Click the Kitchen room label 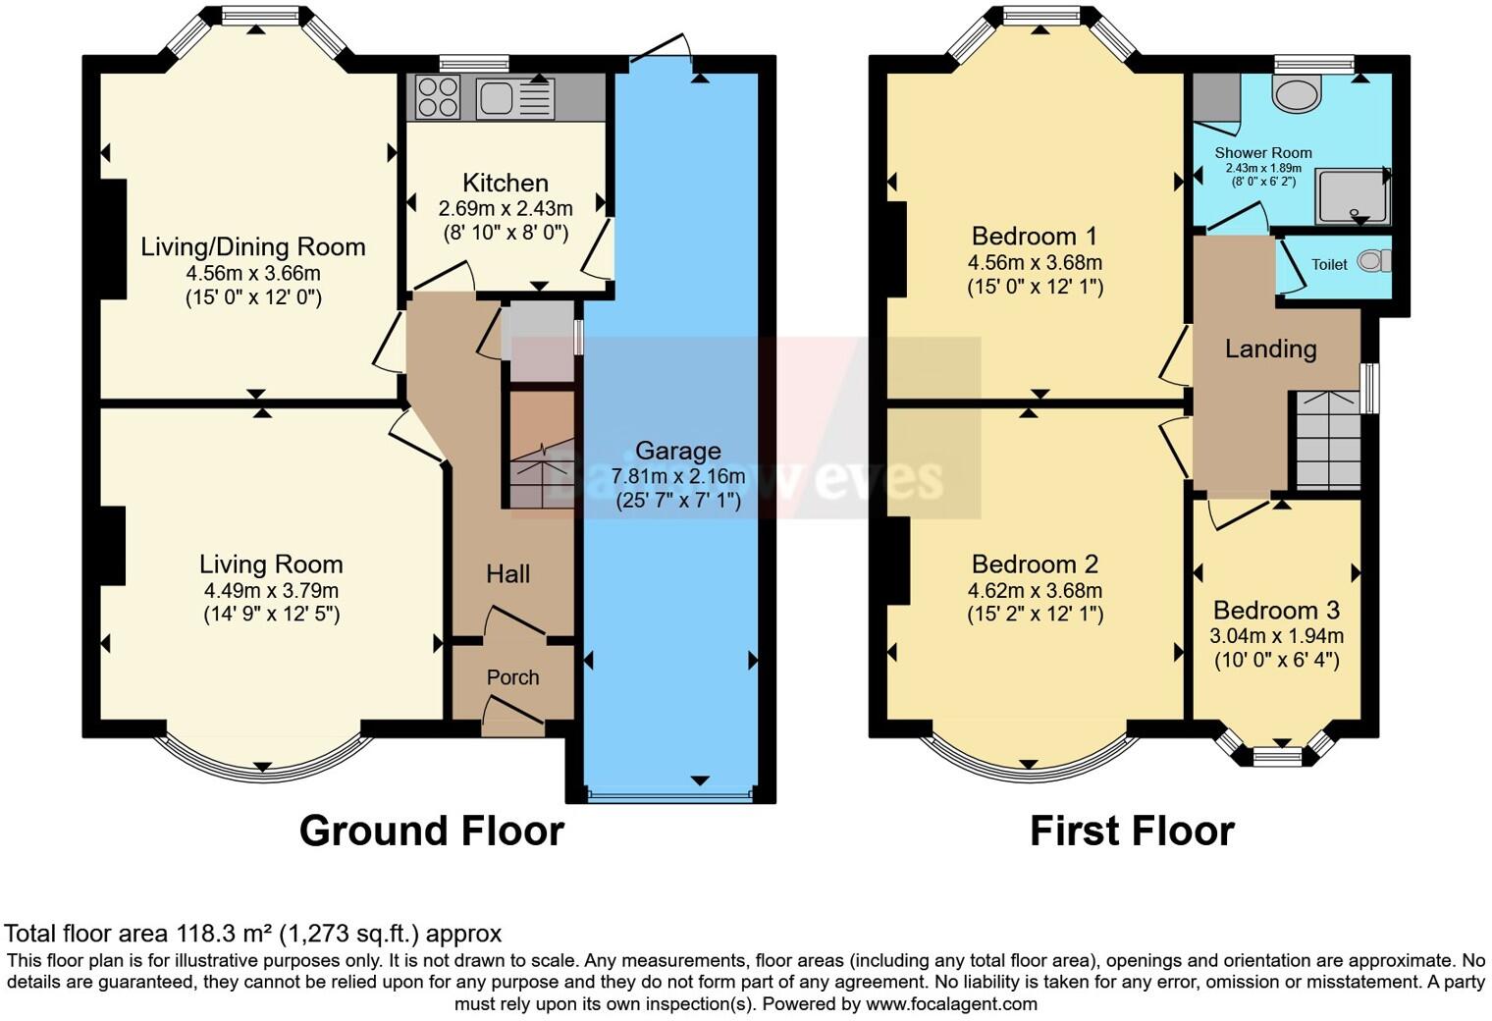pyautogui.click(x=506, y=183)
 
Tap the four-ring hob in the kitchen pyautogui.click(x=438, y=97)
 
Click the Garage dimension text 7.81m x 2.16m pyautogui.click(x=678, y=476)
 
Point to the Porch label pyautogui.click(x=512, y=677)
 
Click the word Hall pyautogui.click(x=508, y=574)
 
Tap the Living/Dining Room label pyautogui.click(x=253, y=247)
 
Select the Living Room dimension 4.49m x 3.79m pyautogui.click(x=271, y=591)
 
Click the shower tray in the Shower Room pyautogui.click(x=1353, y=196)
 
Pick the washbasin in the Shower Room pyautogui.click(x=1296, y=92)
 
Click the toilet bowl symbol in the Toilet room pyautogui.click(x=1374, y=260)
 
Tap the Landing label pyautogui.click(x=1271, y=349)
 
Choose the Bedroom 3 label pyautogui.click(x=1276, y=610)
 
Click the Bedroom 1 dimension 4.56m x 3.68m pyautogui.click(x=1035, y=262)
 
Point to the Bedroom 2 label pyautogui.click(x=1035, y=564)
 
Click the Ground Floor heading pyautogui.click(x=432, y=831)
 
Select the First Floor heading pyautogui.click(x=1133, y=831)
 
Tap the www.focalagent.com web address pyautogui.click(x=952, y=1003)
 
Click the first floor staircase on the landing pyautogui.click(x=1328, y=440)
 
